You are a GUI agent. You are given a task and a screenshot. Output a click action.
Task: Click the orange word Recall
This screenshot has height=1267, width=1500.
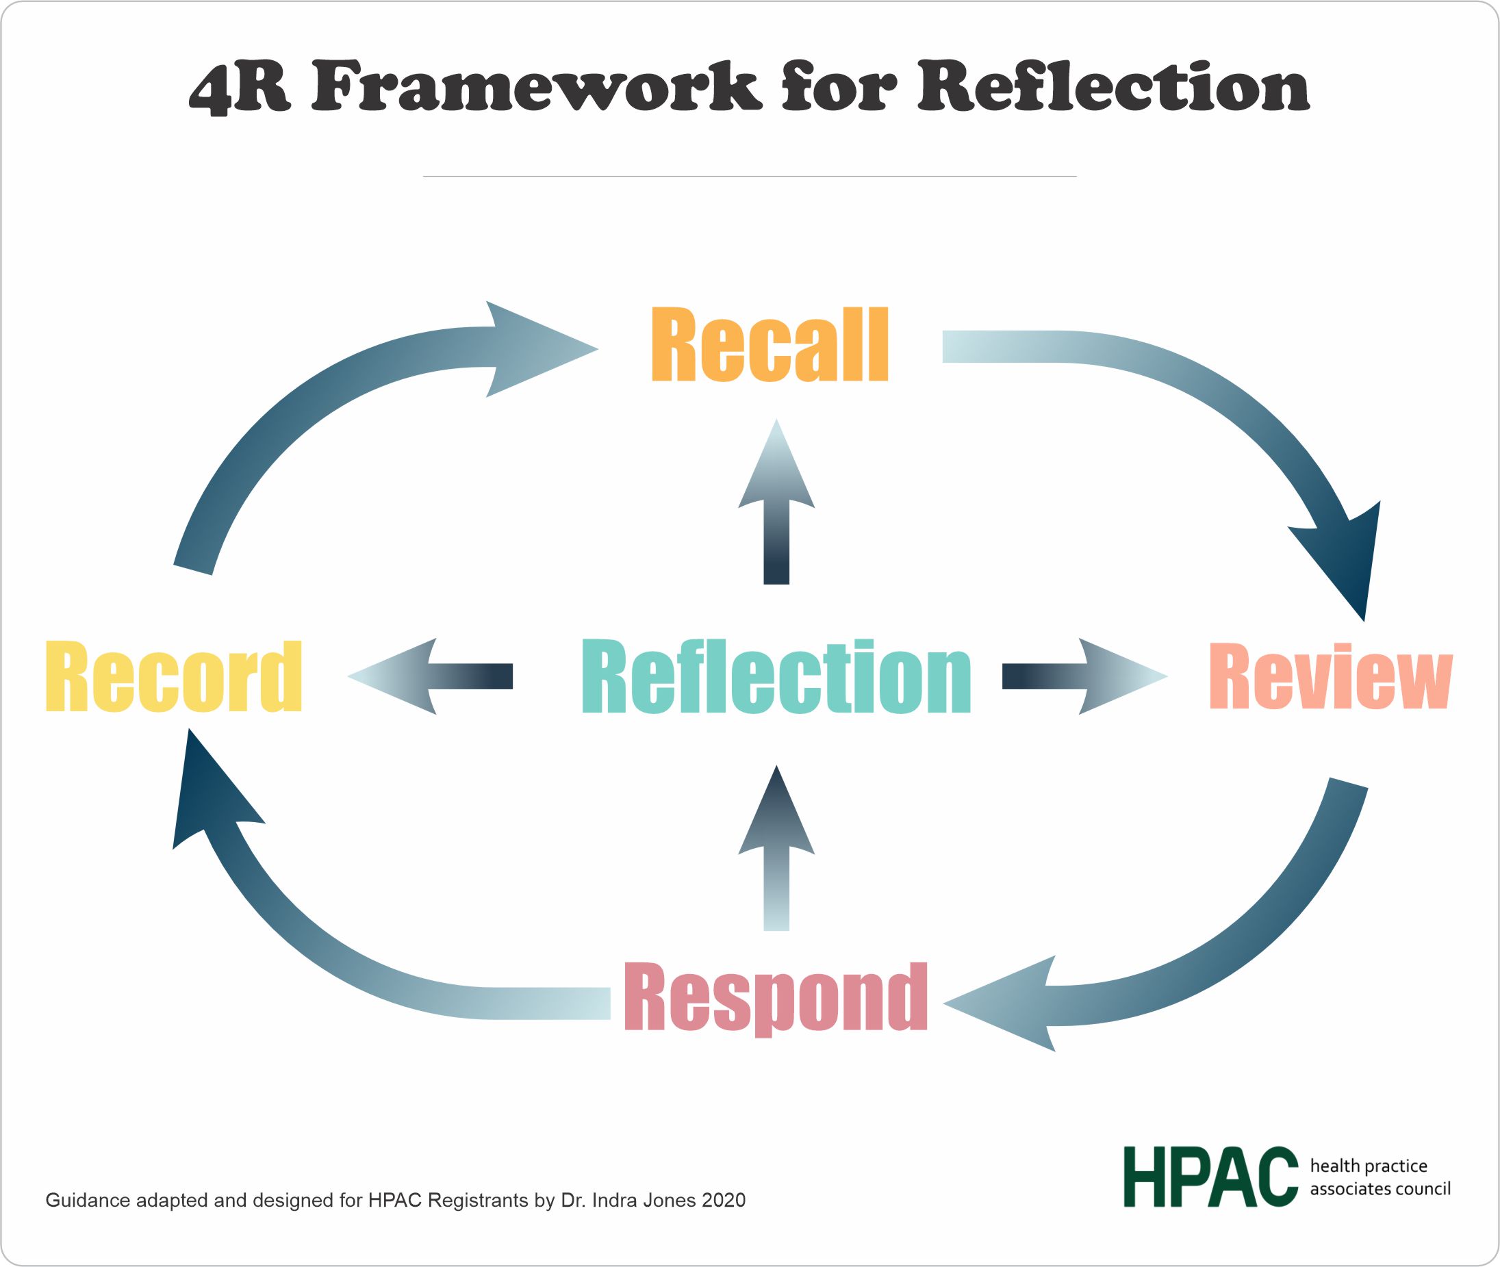(x=770, y=345)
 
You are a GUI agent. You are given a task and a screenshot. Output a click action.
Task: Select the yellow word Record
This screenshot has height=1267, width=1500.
(x=173, y=676)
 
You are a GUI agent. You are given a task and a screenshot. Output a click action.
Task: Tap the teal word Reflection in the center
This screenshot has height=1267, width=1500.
(x=776, y=676)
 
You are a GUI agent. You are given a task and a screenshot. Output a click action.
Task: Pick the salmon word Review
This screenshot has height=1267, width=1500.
(x=1330, y=676)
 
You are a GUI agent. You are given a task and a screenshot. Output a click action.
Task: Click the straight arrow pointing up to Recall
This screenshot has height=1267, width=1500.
(x=776, y=503)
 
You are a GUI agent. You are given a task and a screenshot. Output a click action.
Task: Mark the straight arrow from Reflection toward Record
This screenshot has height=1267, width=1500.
(x=431, y=676)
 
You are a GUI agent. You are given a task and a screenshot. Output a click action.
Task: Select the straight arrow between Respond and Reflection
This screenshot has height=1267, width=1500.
(x=776, y=847)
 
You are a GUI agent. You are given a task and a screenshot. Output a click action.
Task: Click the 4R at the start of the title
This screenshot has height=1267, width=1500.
(x=240, y=88)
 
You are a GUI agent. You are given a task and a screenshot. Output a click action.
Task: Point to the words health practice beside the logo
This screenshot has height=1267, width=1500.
(x=1369, y=1165)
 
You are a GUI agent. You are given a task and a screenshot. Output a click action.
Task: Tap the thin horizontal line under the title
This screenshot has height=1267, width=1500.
(x=749, y=176)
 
